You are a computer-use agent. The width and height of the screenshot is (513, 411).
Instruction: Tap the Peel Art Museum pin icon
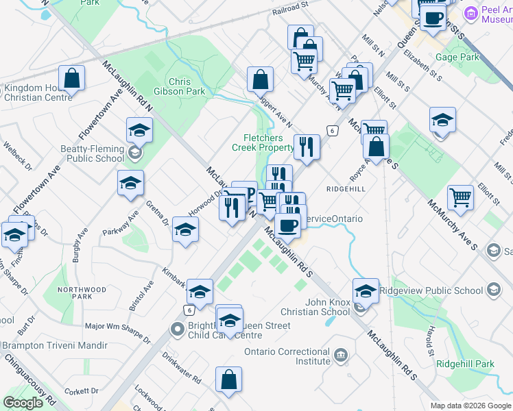pos(471,13)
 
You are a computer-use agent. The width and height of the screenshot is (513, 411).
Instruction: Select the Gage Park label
pos(457,58)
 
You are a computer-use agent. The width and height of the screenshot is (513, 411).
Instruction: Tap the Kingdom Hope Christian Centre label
pos(38,92)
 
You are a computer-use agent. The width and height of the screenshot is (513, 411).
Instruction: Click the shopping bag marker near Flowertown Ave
pos(72,80)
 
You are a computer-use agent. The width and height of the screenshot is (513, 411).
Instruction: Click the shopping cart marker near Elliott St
pos(461,198)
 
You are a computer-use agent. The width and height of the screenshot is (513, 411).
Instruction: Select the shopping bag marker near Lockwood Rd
pos(228,381)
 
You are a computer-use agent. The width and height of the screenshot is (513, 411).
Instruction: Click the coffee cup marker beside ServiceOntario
pos(287,225)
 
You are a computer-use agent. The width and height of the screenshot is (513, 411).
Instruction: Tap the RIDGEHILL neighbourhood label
pos(345,188)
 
